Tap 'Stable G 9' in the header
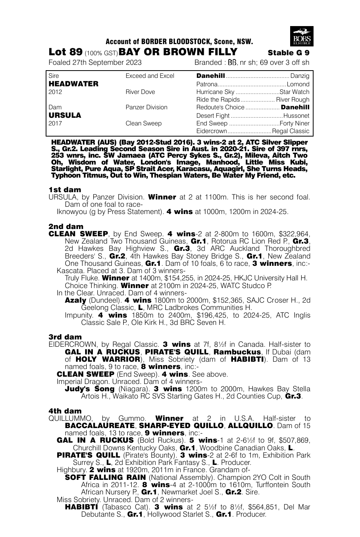[288, 53]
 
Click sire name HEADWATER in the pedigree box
[74, 84]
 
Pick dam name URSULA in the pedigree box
[65, 115]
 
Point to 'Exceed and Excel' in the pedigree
[150, 76]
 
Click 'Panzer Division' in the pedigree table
[146, 107]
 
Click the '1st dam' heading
[65, 189]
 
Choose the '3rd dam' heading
[65, 337]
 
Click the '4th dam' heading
[65, 411]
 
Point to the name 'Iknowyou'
[71, 212]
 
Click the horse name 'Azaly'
[75, 300]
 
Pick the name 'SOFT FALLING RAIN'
[105, 477]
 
